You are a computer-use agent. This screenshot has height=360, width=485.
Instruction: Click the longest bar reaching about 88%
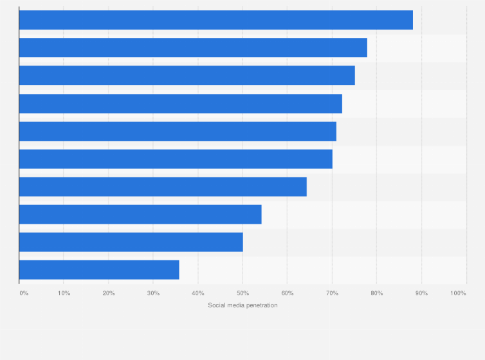215,20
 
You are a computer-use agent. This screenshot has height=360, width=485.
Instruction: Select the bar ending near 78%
193,48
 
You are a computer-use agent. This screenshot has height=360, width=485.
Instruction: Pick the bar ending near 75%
187,75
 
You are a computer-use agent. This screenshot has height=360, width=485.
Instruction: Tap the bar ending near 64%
163,186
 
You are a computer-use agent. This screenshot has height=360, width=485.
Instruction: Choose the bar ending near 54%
140,214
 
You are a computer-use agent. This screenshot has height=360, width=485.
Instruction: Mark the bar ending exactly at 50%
131,242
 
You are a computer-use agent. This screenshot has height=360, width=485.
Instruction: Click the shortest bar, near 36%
99,269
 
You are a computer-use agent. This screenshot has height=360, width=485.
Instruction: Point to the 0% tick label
24,293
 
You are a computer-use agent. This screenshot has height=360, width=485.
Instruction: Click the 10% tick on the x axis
64,293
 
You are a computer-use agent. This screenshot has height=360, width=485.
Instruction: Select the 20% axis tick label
109,293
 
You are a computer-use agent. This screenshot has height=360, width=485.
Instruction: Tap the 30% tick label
153,293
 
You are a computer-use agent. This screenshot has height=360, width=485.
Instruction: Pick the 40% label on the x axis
198,293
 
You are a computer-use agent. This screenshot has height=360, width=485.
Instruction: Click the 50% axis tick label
243,293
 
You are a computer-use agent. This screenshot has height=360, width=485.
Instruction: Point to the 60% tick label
288,293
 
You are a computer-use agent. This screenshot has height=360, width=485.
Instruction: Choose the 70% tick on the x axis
332,293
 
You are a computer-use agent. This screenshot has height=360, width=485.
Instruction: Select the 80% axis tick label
377,293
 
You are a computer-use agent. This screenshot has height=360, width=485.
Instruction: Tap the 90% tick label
421,293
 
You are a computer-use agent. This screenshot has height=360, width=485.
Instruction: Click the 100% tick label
458,293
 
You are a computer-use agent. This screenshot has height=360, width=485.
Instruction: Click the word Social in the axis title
217,305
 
